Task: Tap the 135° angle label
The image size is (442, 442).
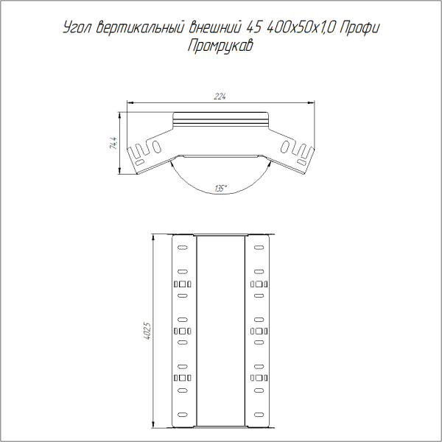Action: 220,189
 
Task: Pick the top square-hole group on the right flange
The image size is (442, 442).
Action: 259,284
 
